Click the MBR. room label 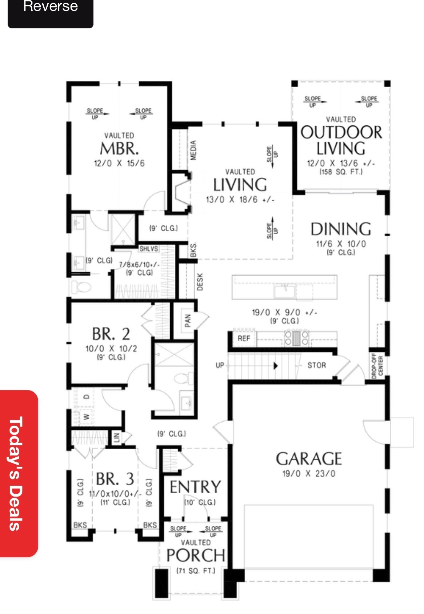(119, 148)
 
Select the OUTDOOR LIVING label (341, 140)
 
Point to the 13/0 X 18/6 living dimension (240, 200)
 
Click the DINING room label (341, 229)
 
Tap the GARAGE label (309, 459)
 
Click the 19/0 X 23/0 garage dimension (309, 474)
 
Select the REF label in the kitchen (244, 338)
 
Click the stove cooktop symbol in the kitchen (296, 338)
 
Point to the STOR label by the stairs (316, 365)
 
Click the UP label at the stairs (220, 365)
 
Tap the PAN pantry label (188, 321)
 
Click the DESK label (200, 282)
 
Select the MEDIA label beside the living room (193, 150)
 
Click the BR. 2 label (111, 333)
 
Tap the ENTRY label (195, 487)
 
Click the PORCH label (196, 555)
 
